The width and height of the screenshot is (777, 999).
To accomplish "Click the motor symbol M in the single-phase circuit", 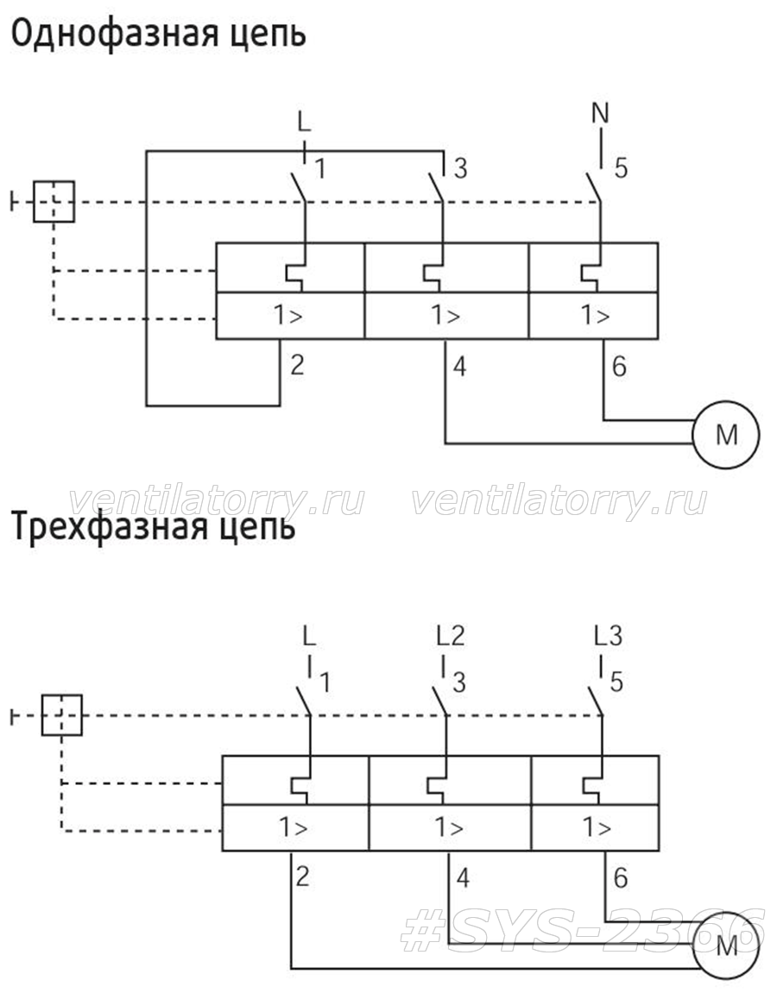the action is click(x=726, y=435).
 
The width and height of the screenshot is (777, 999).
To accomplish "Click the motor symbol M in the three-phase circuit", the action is click(x=726, y=946).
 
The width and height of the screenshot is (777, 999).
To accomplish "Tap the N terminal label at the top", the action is click(x=600, y=113).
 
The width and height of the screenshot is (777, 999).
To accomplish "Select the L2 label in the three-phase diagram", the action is click(x=451, y=635).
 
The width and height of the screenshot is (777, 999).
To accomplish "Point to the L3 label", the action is click(x=608, y=635).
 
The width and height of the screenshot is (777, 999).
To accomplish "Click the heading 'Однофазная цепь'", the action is click(x=159, y=34).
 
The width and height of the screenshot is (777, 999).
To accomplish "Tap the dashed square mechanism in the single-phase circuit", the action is click(x=54, y=202).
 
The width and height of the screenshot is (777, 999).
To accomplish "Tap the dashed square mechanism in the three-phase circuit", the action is click(x=62, y=715).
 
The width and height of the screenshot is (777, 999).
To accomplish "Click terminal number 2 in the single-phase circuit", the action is click(x=297, y=365).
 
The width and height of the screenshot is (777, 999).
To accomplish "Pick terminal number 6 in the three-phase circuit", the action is click(x=620, y=878).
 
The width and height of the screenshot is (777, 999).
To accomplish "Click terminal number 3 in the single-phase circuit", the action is click(x=460, y=168).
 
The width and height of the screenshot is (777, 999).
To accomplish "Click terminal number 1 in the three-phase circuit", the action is click(x=325, y=682).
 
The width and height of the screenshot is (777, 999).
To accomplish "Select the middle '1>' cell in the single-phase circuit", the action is click(x=446, y=316).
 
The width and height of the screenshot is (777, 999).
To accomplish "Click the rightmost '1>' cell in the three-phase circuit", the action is click(x=596, y=827).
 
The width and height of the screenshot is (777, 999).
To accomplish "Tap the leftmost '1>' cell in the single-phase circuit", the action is click(x=290, y=316).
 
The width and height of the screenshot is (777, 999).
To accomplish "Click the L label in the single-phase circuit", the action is click(x=305, y=122).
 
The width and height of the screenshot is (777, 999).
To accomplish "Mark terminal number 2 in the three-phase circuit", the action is click(x=302, y=876).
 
